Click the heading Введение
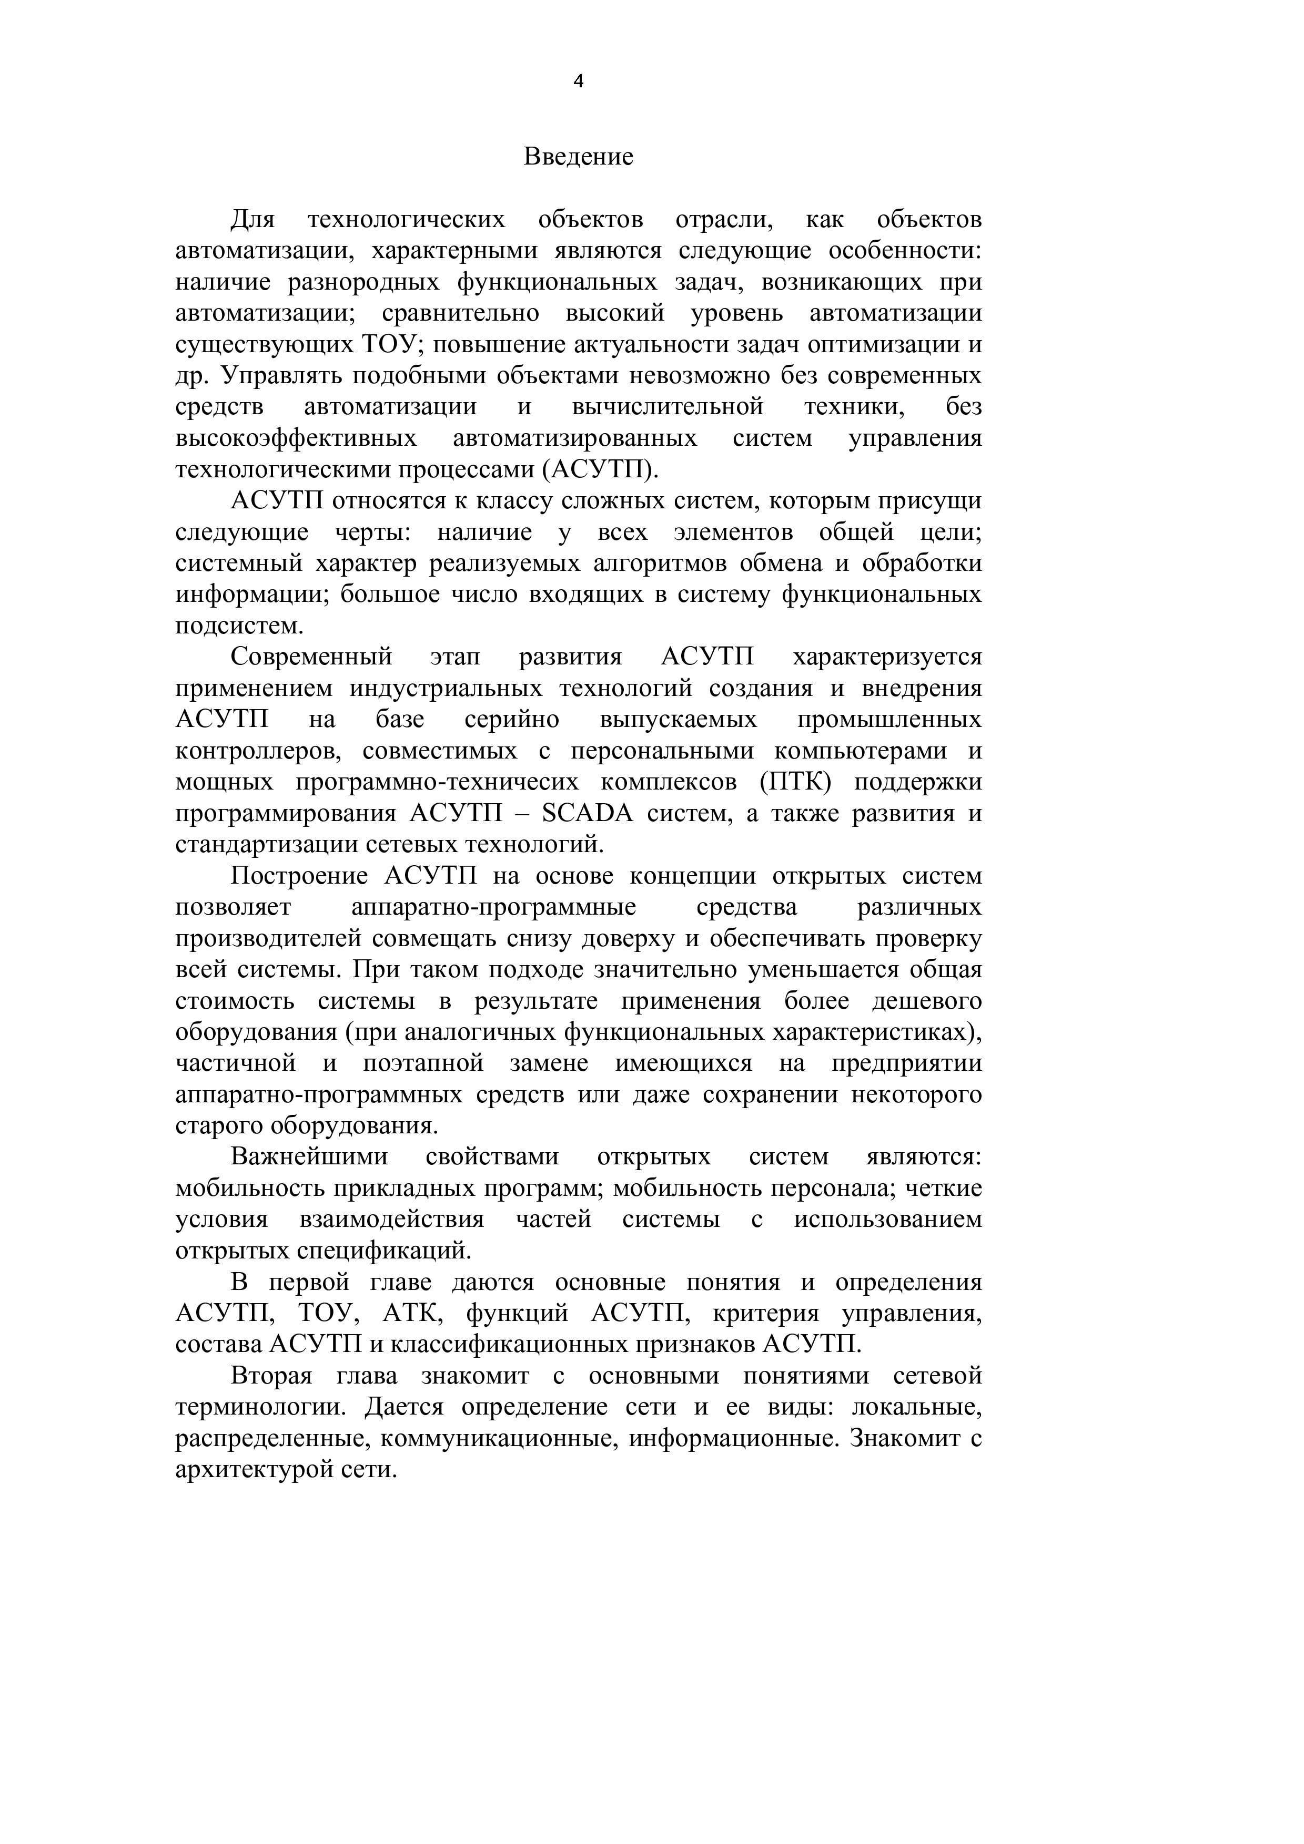point(579,157)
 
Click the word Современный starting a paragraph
point(311,657)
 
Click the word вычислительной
point(668,407)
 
